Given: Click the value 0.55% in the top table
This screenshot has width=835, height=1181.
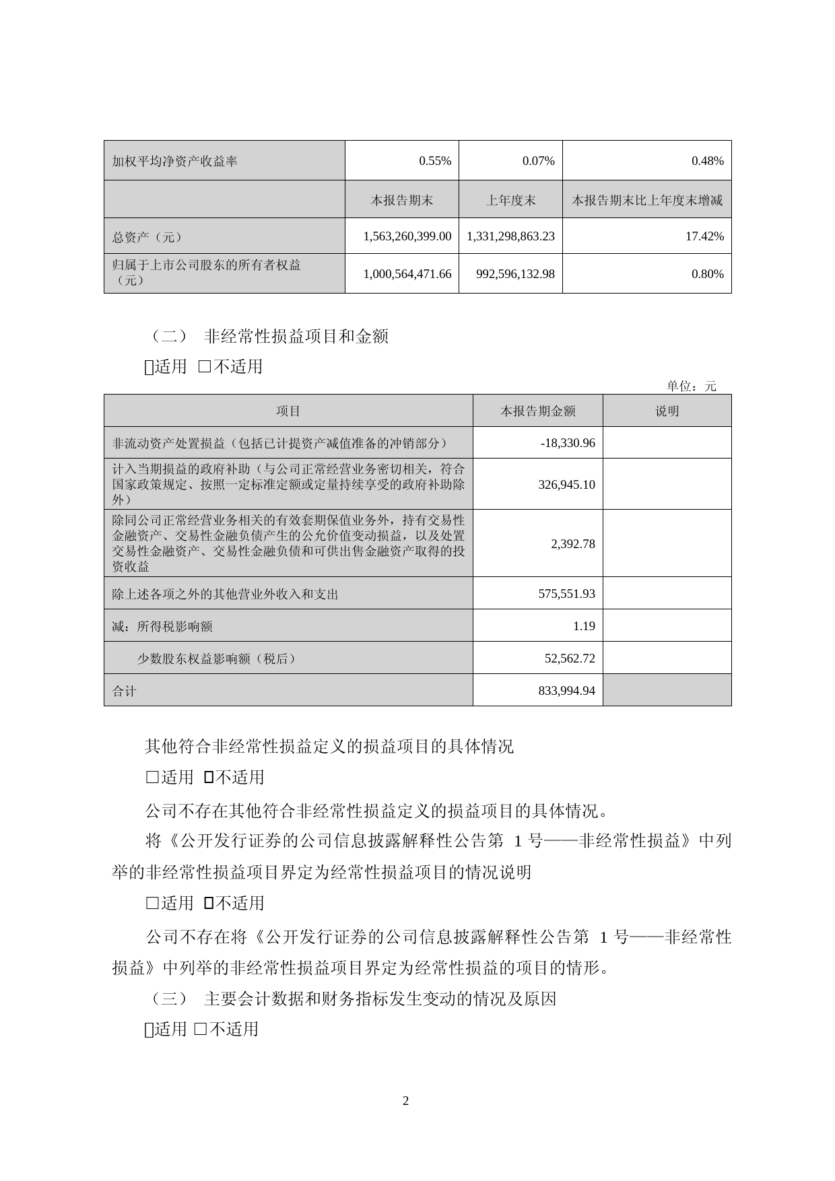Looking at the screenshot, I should coord(435,161).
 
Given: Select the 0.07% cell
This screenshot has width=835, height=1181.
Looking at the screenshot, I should coord(538,161).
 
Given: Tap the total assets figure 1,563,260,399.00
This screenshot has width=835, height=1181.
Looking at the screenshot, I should coord(407,236).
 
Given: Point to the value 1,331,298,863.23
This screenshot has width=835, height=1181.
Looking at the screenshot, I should coord(510,236).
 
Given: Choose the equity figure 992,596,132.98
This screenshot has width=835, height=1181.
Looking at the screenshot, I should coord(514,274).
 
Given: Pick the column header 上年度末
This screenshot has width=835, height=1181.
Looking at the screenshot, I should coord(510,200).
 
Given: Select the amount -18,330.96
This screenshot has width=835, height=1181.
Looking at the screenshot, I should coord(568,443).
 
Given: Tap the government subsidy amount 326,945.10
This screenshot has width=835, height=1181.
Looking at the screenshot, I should coord(566,484).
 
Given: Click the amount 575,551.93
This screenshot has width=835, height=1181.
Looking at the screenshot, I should coord(566,594).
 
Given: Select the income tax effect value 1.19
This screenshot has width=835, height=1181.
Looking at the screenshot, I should coord(584,626).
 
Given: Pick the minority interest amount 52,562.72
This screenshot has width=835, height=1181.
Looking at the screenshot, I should coord(570,659).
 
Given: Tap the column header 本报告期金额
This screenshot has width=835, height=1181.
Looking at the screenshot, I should coord(537,411).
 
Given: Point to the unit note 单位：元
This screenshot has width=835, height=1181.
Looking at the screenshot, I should coord(692,386).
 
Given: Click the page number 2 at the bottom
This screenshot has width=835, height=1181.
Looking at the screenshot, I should coord(405,1102).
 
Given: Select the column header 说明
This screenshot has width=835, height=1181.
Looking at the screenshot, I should coord(667,411).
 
